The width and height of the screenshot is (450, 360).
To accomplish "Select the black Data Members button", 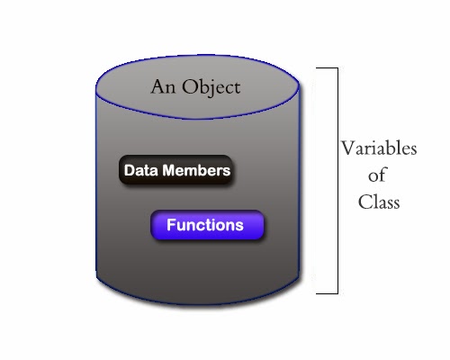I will coord(176,170).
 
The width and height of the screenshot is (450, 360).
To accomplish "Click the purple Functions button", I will coord(207,225).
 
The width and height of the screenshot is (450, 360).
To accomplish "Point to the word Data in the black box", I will coord(139,170).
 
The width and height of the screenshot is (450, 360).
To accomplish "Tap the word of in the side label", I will coord(378,175).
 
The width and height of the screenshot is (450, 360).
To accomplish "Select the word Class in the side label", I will coord(378,202).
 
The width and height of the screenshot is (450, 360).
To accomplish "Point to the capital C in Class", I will coord(363,202).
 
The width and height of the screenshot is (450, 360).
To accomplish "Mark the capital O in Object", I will coord(189,88).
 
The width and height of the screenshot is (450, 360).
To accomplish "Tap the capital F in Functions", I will coord(171,225).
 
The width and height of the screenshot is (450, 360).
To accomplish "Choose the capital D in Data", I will coord(129,170).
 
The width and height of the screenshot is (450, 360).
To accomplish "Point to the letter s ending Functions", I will coord(239,226).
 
